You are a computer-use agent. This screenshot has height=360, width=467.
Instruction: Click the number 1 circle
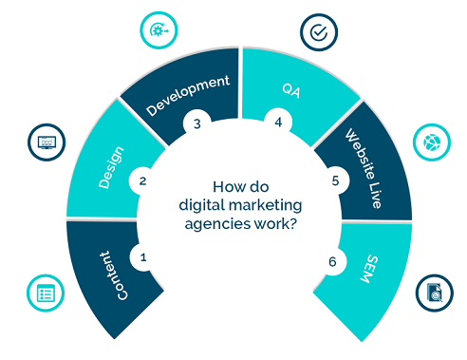pyautogui.click(x=144, y=256)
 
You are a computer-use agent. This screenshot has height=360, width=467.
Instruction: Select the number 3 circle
pyautogui.click(x=197, y=123)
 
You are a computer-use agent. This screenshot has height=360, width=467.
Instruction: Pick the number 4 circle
pyautogui.click(x=279, y=123)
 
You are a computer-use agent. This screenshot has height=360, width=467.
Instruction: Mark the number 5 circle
pyautogui.click(x=334, y=179)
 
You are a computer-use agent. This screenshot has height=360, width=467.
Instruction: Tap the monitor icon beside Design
pyautogui.click(x=44, y=143)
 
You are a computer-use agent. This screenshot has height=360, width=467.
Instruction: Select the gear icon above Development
pyautogui.click(x=158, y=30)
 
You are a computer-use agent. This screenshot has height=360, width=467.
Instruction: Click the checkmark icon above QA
pyautogui.click(x=318, y=32)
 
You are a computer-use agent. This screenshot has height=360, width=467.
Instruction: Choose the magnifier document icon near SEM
pyautogui.click(x=432, y=294)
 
